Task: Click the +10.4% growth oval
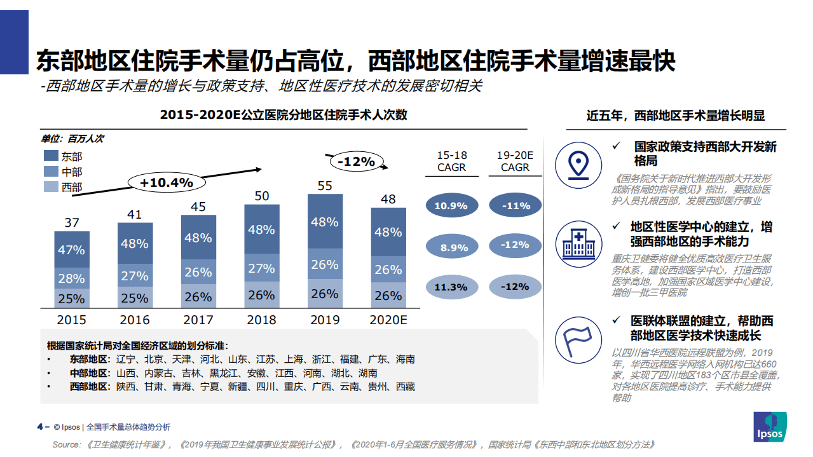click(166, 182)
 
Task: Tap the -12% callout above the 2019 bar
click(355, 161)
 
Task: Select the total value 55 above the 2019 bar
click(325, 186)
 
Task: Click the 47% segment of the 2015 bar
click(71, 250)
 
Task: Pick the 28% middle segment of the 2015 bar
click(71, 278)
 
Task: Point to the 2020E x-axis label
click(388, 320)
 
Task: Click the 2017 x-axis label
click(198, 320)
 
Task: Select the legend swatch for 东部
click(51, 156)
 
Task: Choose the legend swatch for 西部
click(51, 187)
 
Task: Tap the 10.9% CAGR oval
click(451, 205)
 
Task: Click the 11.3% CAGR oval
click(451, 287)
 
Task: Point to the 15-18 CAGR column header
click(451, 161)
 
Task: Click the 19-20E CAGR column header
click(515, 161)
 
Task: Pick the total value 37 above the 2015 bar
click(72, 222)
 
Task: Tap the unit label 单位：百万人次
click(72, 139)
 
